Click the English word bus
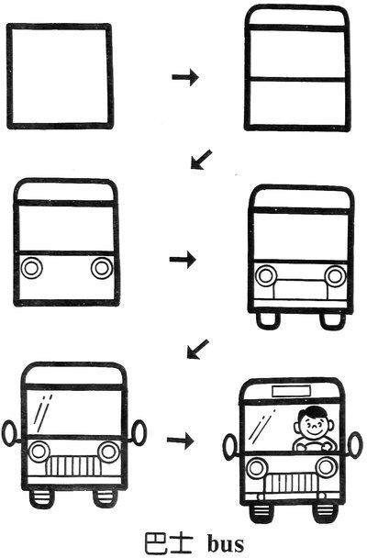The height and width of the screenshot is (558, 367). coord(226,542)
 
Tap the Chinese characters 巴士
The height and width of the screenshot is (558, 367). coord(169,542)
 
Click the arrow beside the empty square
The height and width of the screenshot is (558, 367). coord(185,77)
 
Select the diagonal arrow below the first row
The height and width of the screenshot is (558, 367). coord(201,160)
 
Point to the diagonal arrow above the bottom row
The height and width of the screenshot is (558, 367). coord(198,350)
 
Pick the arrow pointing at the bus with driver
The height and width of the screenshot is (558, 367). coord(181,441)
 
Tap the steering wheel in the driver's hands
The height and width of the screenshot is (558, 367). coord(311,446)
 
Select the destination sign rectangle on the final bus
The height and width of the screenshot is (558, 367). coord(291,391)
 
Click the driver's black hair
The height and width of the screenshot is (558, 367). coord(313,412)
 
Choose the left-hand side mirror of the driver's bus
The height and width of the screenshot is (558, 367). coord(229,447)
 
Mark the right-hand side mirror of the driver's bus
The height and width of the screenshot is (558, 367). coord(354,445)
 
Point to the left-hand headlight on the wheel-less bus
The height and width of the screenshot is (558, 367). coord(31,268)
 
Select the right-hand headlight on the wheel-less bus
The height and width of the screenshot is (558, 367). coord(102,268)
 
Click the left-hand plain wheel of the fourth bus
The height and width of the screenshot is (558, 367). coord(268,320)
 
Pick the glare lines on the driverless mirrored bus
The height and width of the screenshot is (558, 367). coord(43,413)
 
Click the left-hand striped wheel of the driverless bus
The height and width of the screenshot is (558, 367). coord(42,498)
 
